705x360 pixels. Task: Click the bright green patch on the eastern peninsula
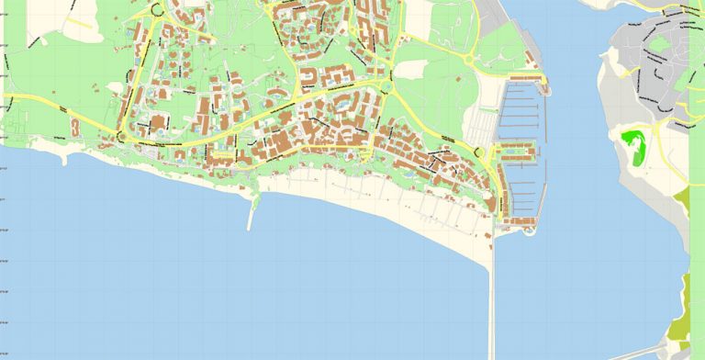point(633,145)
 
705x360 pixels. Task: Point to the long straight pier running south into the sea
point(491,294)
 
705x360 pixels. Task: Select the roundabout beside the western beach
point(120,138)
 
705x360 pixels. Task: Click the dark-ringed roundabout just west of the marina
point(477,152)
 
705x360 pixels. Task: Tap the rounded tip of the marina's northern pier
point(545,88)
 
